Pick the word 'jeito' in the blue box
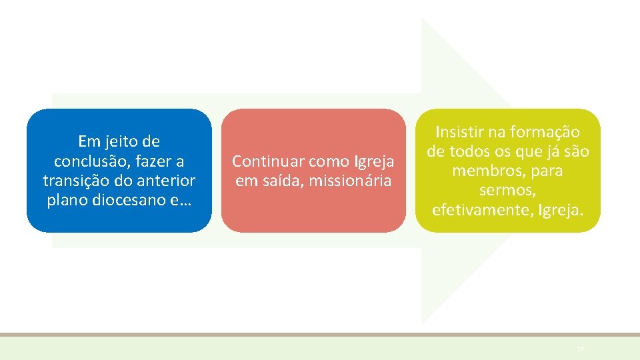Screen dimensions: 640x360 click(x=120, y=141)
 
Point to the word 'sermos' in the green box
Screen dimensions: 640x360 click(x=507, y=191)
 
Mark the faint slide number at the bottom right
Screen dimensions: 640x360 click(x=580, y=349)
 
